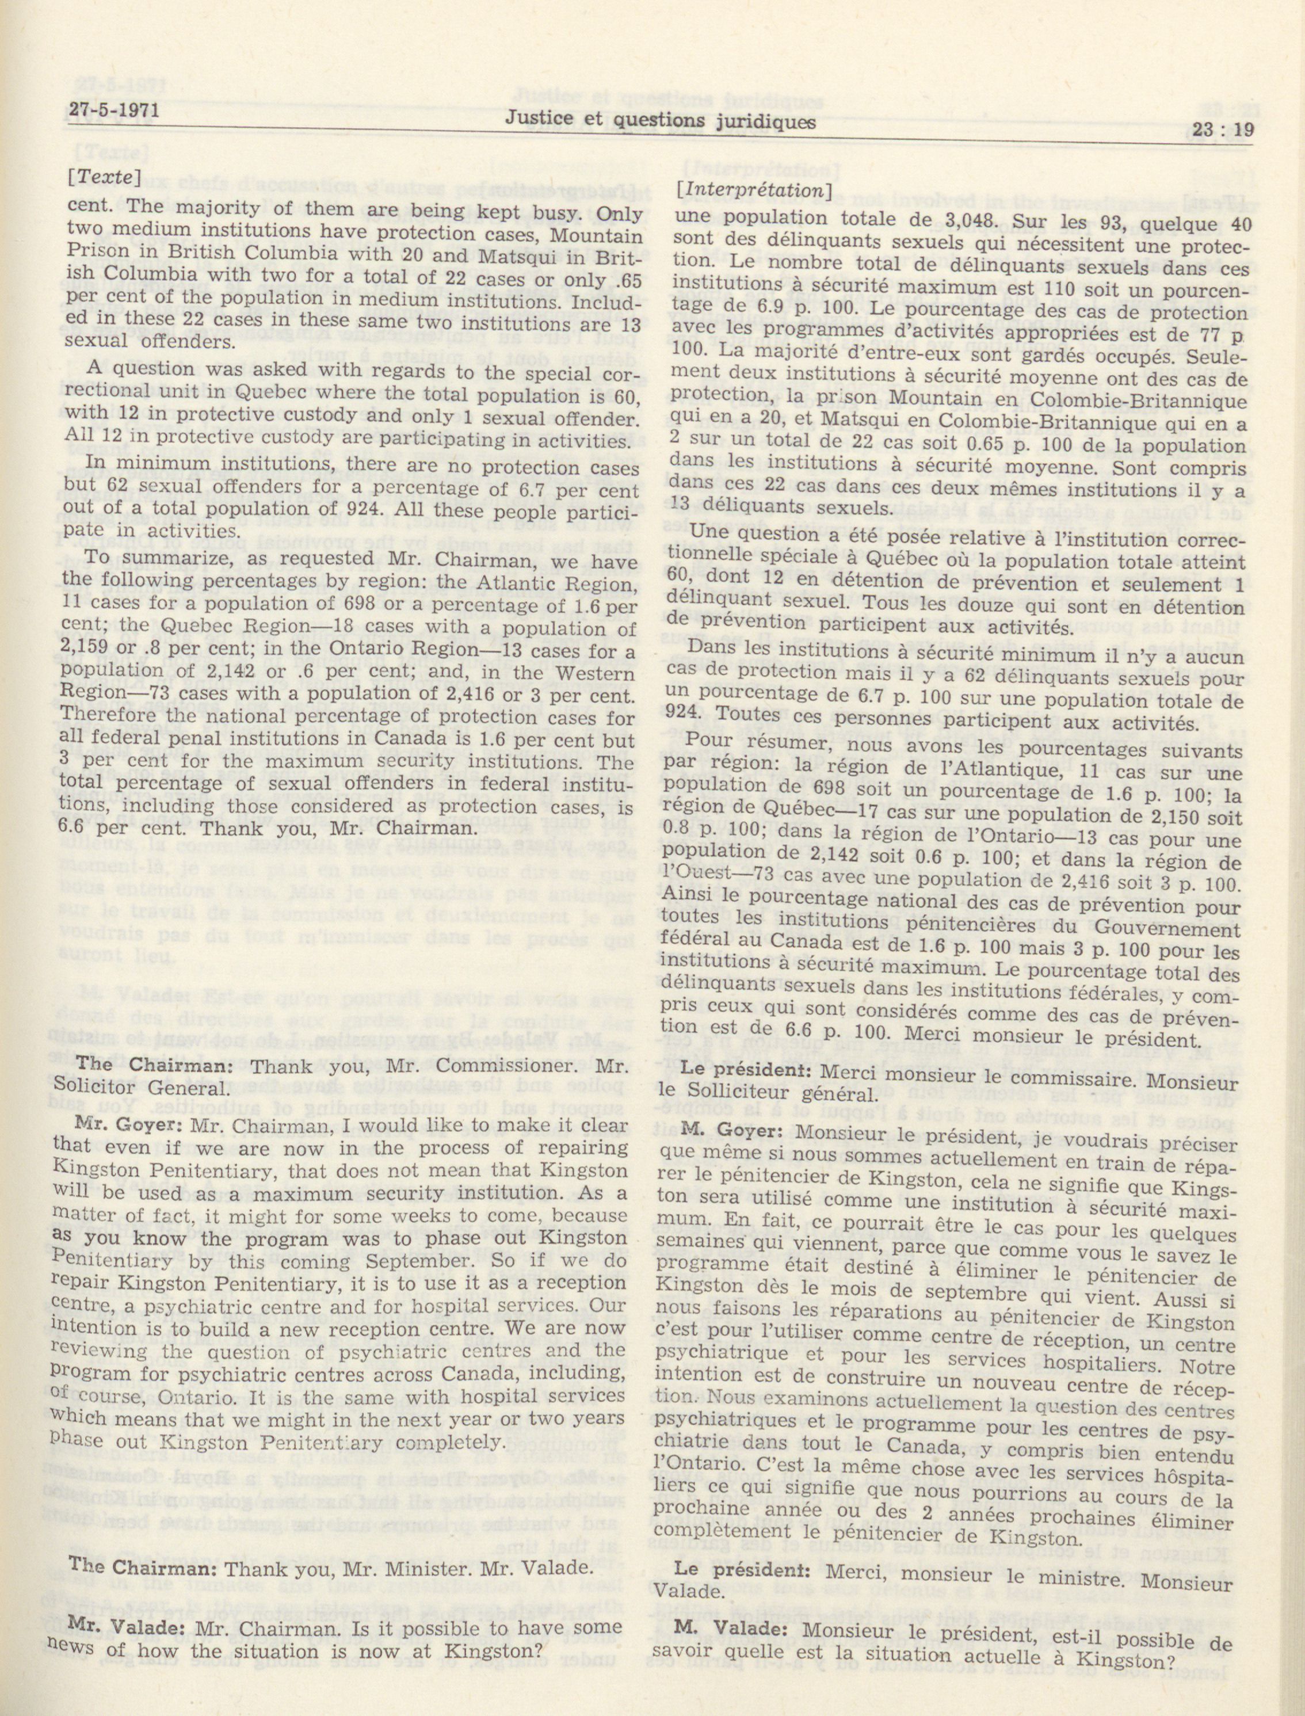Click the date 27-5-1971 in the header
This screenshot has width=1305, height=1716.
(113, 111)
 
